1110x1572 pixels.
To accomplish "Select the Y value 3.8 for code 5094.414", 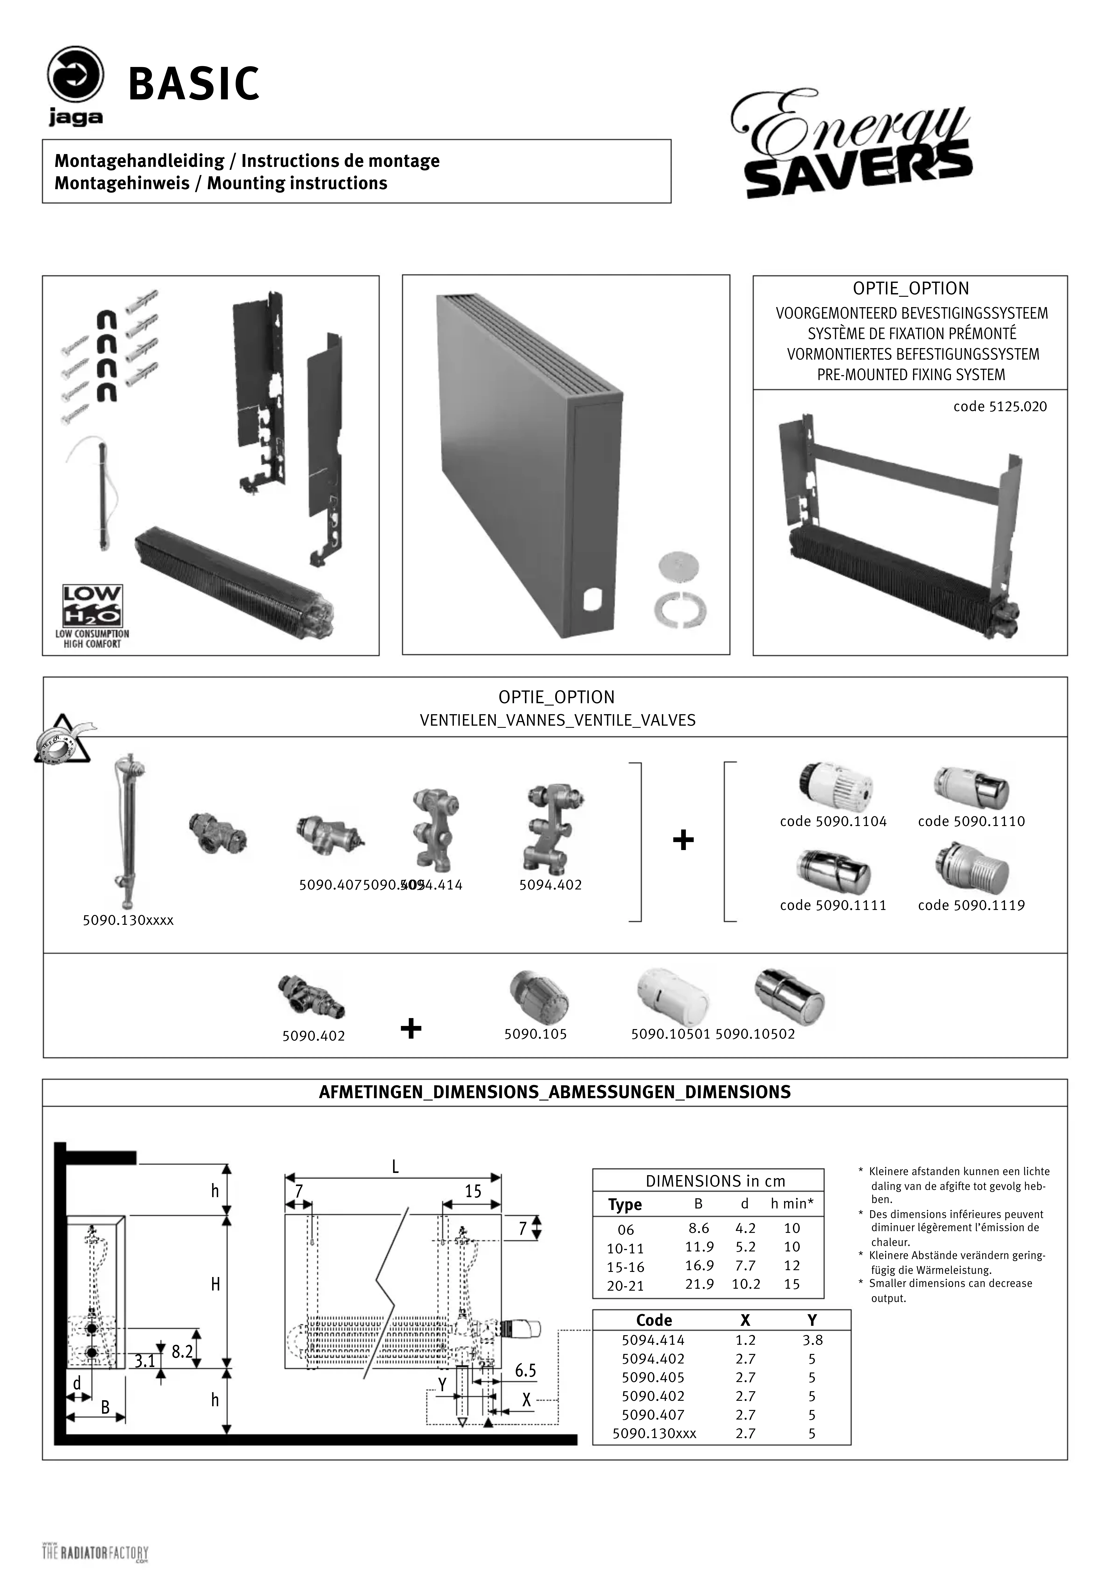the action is click(812, 1340).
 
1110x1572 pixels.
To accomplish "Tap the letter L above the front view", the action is click(395, 1167).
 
